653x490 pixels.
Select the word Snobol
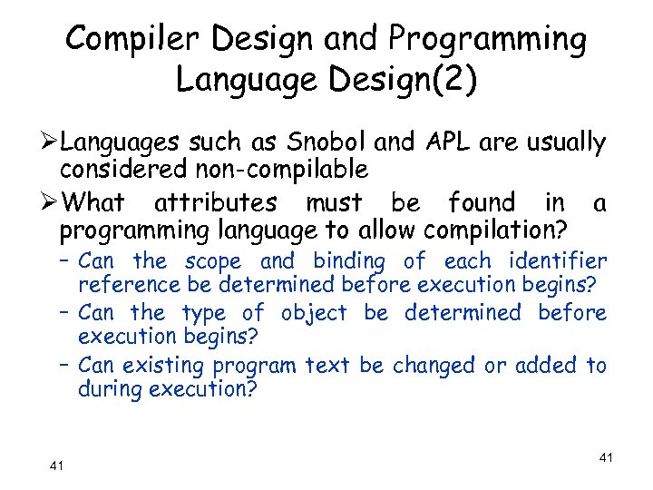(x=329, y=142)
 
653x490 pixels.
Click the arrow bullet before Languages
(x=52, y=142)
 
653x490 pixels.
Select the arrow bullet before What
(x=52, y=202)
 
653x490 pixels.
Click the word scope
(x=214, y=262)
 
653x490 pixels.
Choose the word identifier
(x=557, y=262)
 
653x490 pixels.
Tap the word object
(x=314, y=313)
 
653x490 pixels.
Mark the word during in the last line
(x=110, y=389)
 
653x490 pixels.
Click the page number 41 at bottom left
(x=56, y=465)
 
